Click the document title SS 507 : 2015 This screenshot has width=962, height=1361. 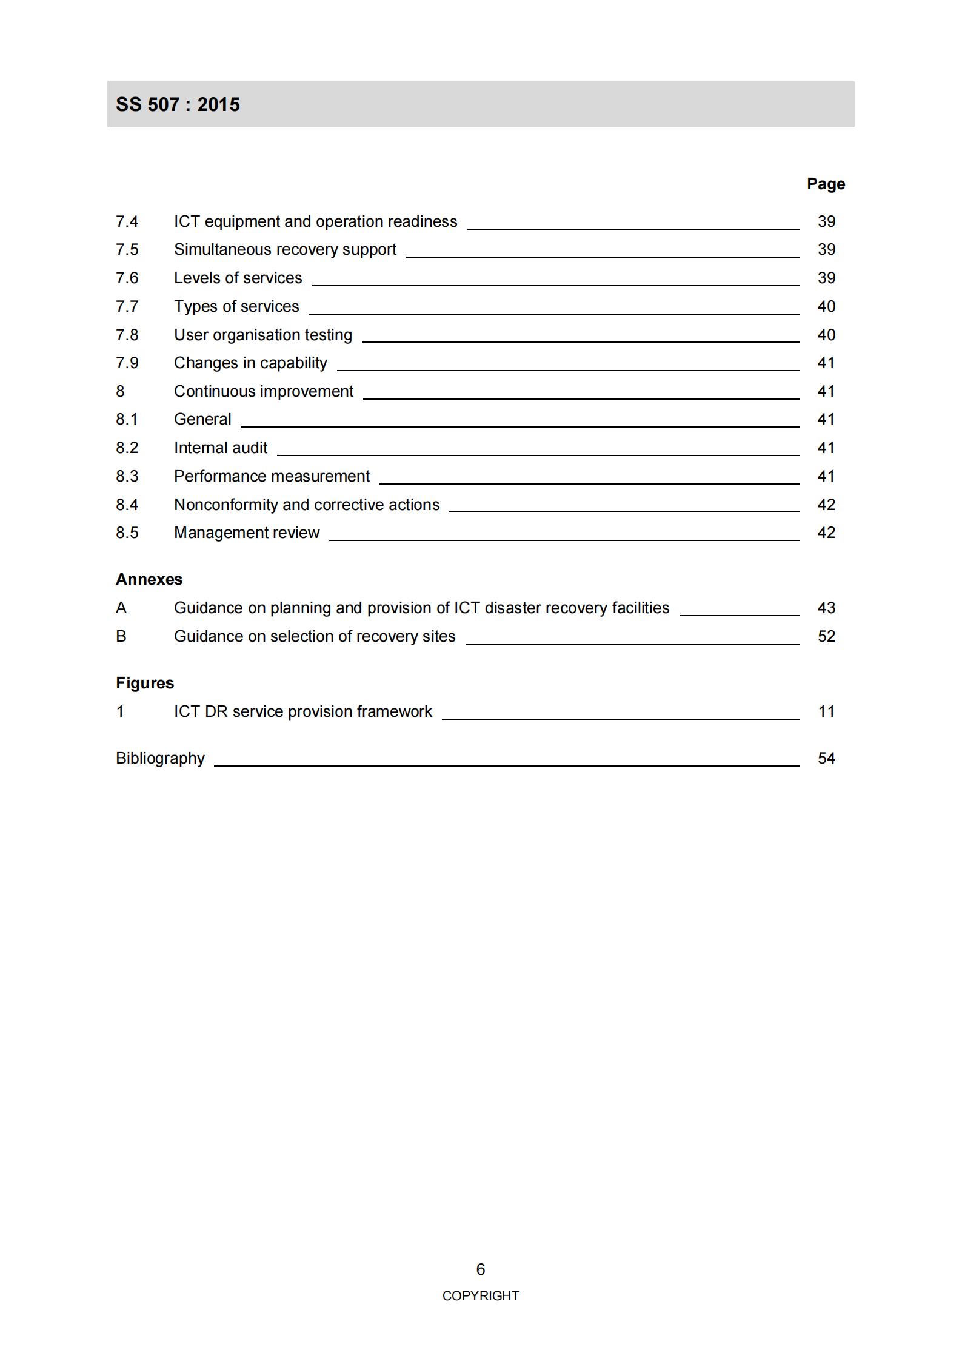tap(178, 104)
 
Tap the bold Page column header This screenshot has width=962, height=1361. tap(825, 184)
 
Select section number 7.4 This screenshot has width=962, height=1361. tap(127, 221)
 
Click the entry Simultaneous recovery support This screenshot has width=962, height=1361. tap(285, 249)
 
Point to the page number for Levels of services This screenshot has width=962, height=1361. tap(826, 278)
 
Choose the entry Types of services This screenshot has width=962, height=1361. tap(236, 306)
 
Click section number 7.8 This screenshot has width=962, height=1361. tap(127, 335)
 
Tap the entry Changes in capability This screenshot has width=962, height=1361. tap(250, 363)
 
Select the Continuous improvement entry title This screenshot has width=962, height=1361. tap(263, 391)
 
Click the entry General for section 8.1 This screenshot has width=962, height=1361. tap(202, 419)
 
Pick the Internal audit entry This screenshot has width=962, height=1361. tap(220, 448)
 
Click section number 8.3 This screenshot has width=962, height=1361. tap(127, 476)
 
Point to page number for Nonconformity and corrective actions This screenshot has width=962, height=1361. tap(826, 505)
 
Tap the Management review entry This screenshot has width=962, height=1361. tap(246, 533)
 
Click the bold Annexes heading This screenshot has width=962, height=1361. tap(149, 579)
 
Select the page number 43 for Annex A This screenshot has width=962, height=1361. tap(826, 608)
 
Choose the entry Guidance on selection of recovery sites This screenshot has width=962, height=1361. tap(314, 636)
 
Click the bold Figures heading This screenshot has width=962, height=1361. tap(145, 683)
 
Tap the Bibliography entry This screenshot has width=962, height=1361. tap(160, 758)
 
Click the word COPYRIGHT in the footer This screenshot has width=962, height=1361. tap(480, 1295)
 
